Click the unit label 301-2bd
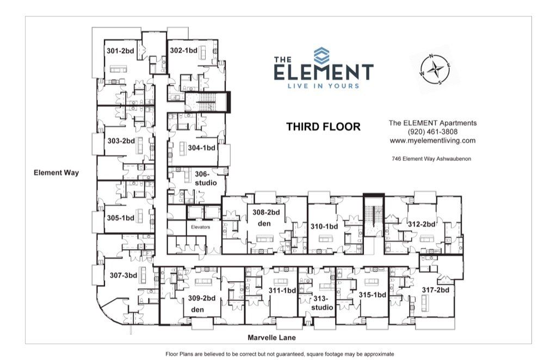pos(120,51)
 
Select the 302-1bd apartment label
pos(183,50)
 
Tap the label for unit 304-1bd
pos(202,147)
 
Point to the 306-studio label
pos(206,178)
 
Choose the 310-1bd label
pos(325,226)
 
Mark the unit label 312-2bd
pos(422,224)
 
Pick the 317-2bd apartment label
pos(436,290)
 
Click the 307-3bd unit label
pos(123,275)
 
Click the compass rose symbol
pos(435,69)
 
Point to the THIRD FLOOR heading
pos(323,127)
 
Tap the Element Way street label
pos(56,173)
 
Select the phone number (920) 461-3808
pos(432,132)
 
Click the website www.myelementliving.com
pos(432,140)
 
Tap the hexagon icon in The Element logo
pos(321,55)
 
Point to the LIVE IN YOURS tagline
pos(323,86)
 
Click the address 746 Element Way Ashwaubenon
pos(432,159)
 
